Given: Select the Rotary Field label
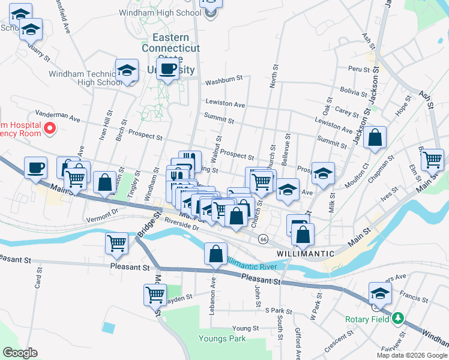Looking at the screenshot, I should pos(367,319).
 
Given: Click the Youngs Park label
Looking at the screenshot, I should pos(222,339).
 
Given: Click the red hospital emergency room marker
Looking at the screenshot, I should pos(50,128).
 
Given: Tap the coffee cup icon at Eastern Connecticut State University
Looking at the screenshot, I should pos(169,68).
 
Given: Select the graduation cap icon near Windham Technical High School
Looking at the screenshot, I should pos(127,70).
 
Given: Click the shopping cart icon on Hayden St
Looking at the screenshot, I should pos(155,295).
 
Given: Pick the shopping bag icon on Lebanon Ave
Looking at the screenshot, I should pos(215,254).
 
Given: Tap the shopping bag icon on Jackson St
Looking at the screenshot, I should pos(375,138).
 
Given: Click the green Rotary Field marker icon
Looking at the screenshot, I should pos(398,319).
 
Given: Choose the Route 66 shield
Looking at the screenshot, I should pos(263,239).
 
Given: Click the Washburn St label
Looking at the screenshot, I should pos(223,80).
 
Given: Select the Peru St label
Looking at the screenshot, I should pos(359,70).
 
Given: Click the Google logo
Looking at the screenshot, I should pos(20,353).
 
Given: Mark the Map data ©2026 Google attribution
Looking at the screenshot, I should pos(412,355).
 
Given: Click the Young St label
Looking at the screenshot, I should pos(245,329).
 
